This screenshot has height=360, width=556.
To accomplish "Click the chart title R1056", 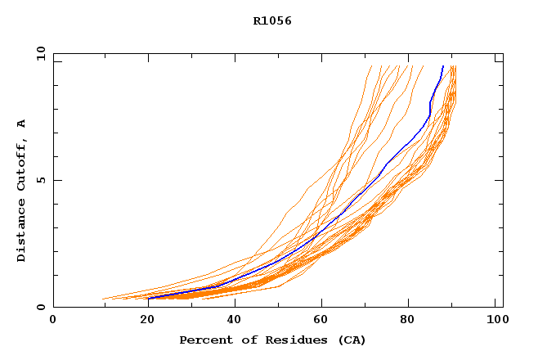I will pos(272,21).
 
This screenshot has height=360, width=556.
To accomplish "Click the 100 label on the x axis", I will pos(495,321).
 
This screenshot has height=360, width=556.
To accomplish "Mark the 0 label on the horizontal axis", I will pos(54,321).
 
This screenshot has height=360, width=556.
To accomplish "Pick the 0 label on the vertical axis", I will pos(40,308).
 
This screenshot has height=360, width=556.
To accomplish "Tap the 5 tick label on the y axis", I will pos(40,181).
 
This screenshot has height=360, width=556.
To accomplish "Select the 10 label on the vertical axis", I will pos(40,54).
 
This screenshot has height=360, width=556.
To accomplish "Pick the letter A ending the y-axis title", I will pos(22,124).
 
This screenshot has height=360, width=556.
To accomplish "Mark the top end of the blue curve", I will pos(442,66).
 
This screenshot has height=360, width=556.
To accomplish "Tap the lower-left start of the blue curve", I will pos(150,298).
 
